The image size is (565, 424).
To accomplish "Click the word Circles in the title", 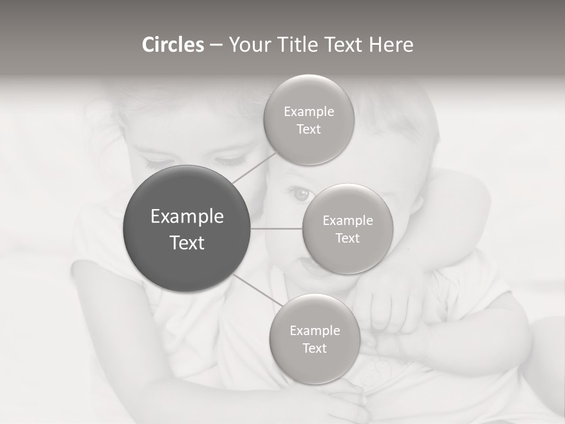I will click(172, 45).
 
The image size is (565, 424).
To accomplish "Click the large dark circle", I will click(187, 228).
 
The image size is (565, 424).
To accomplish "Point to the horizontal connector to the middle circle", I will click(277, 228).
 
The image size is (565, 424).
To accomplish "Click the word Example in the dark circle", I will click(187, 217).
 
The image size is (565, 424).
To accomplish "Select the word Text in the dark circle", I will click(187, 243).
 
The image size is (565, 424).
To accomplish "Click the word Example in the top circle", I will click(309, 112).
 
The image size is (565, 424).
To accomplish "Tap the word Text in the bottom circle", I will click(314, 348).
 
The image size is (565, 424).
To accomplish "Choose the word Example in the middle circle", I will click(348, 221).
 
